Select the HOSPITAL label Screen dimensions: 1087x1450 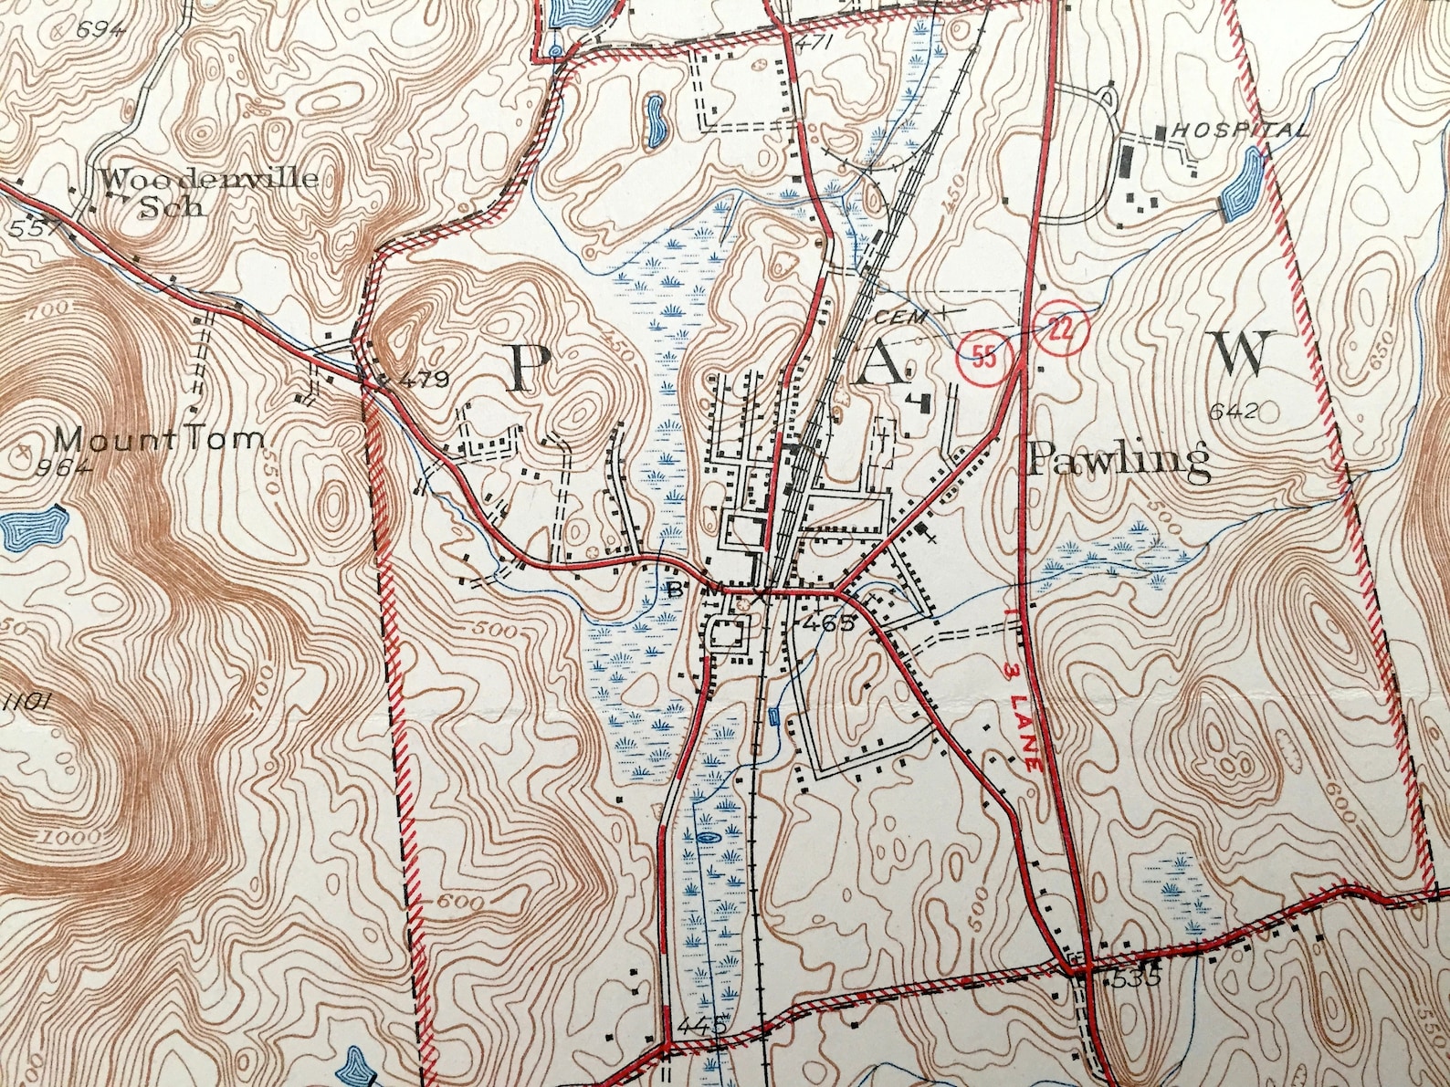1239,130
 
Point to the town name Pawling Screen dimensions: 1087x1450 1119,459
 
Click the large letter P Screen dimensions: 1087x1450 528,369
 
